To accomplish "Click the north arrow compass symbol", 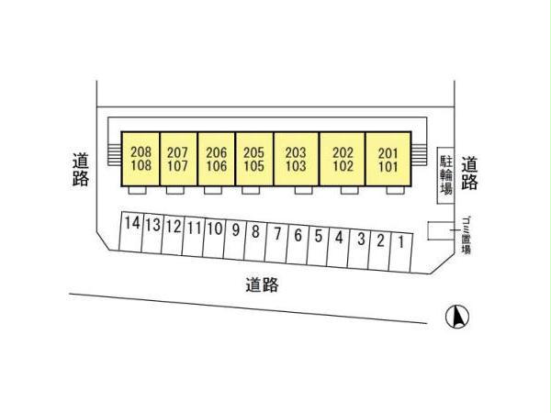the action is (x=457, y=317).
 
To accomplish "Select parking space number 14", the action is (x=131, y=231).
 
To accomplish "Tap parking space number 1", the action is (x=400, y=251).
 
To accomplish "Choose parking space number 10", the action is (x=215, y=238).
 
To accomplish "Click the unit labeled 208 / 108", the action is (x=141, y=159).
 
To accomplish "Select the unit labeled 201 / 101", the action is (x=388, y=159).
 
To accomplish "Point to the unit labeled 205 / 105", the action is (x=254, y=159).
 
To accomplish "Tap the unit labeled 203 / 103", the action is (x=296, y=159).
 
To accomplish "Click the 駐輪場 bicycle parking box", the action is (x=446, y=175).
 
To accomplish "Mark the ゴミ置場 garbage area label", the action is (x=466, y=235).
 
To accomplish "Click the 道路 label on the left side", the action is (x=81, y=169).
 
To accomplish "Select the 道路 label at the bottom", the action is (x=262, y=285).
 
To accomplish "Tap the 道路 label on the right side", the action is (x=469, y=173).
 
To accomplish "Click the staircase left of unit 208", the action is (x=114, y=155).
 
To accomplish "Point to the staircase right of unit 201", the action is (x=419, y=155).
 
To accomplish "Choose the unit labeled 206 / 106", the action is (x=216, y=159).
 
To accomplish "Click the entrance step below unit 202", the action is (x=350, y=190).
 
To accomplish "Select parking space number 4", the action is (x=339, y=247).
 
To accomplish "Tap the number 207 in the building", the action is (x=177, y=152).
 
